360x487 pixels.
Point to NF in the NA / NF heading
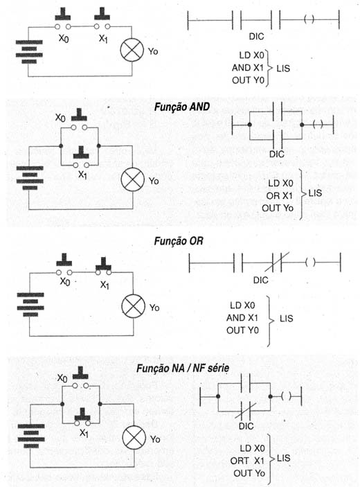click(x=199, y=369)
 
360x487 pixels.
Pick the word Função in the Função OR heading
click(x=170, y=241)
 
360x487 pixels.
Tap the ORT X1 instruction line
click(x=247, y=461)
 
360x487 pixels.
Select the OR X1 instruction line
click(x=279, y=195)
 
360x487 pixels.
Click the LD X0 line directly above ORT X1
click(x=252, y=448)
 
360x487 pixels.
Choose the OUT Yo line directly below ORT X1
click(x=249, y=473)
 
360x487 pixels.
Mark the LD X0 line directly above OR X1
click(x=280, y=184)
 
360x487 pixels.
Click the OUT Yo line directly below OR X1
click(x=278, y=208)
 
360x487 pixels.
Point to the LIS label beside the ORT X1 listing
click(x=283, y=458)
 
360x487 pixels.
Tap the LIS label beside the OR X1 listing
click(x=315, y=193)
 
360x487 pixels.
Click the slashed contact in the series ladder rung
click(x=277, y=263)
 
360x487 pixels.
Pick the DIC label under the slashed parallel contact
click(x=246, y=426)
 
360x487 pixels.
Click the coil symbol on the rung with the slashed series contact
click(x=310, y=263)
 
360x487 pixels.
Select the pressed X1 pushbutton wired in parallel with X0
click(x=82, y=417)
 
